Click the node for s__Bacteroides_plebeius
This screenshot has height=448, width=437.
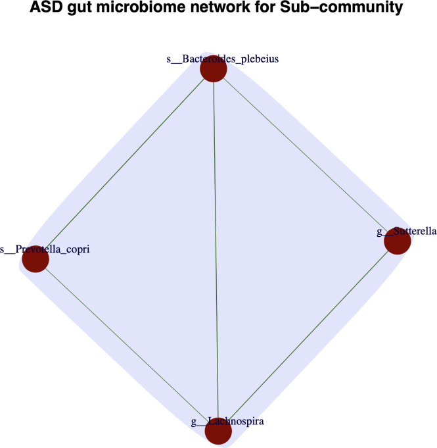point(213,69)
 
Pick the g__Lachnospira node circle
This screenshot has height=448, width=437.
point(218,432)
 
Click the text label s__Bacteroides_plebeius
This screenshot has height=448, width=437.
point(214,59)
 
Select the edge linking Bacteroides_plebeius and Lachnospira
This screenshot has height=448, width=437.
point(216,250)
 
